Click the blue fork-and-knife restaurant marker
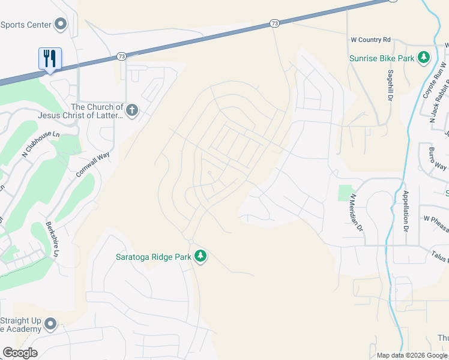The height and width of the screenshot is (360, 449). tap(50, 59)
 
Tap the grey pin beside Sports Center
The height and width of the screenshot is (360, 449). tap(60, 24)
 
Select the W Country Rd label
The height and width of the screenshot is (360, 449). tap(370, 40)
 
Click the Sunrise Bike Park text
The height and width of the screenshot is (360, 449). tap(382, 58)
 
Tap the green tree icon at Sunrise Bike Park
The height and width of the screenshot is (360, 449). tap(424, 57)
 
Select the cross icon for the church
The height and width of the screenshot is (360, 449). tap(132, 110)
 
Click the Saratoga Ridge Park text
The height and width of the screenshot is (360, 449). tap(153, 257)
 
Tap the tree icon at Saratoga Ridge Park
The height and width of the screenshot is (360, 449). tap(200, 257)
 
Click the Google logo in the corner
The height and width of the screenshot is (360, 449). tap(20, 353)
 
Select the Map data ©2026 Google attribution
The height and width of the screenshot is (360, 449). tap(412, 355)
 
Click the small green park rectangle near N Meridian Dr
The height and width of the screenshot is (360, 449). tap(344, 193)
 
